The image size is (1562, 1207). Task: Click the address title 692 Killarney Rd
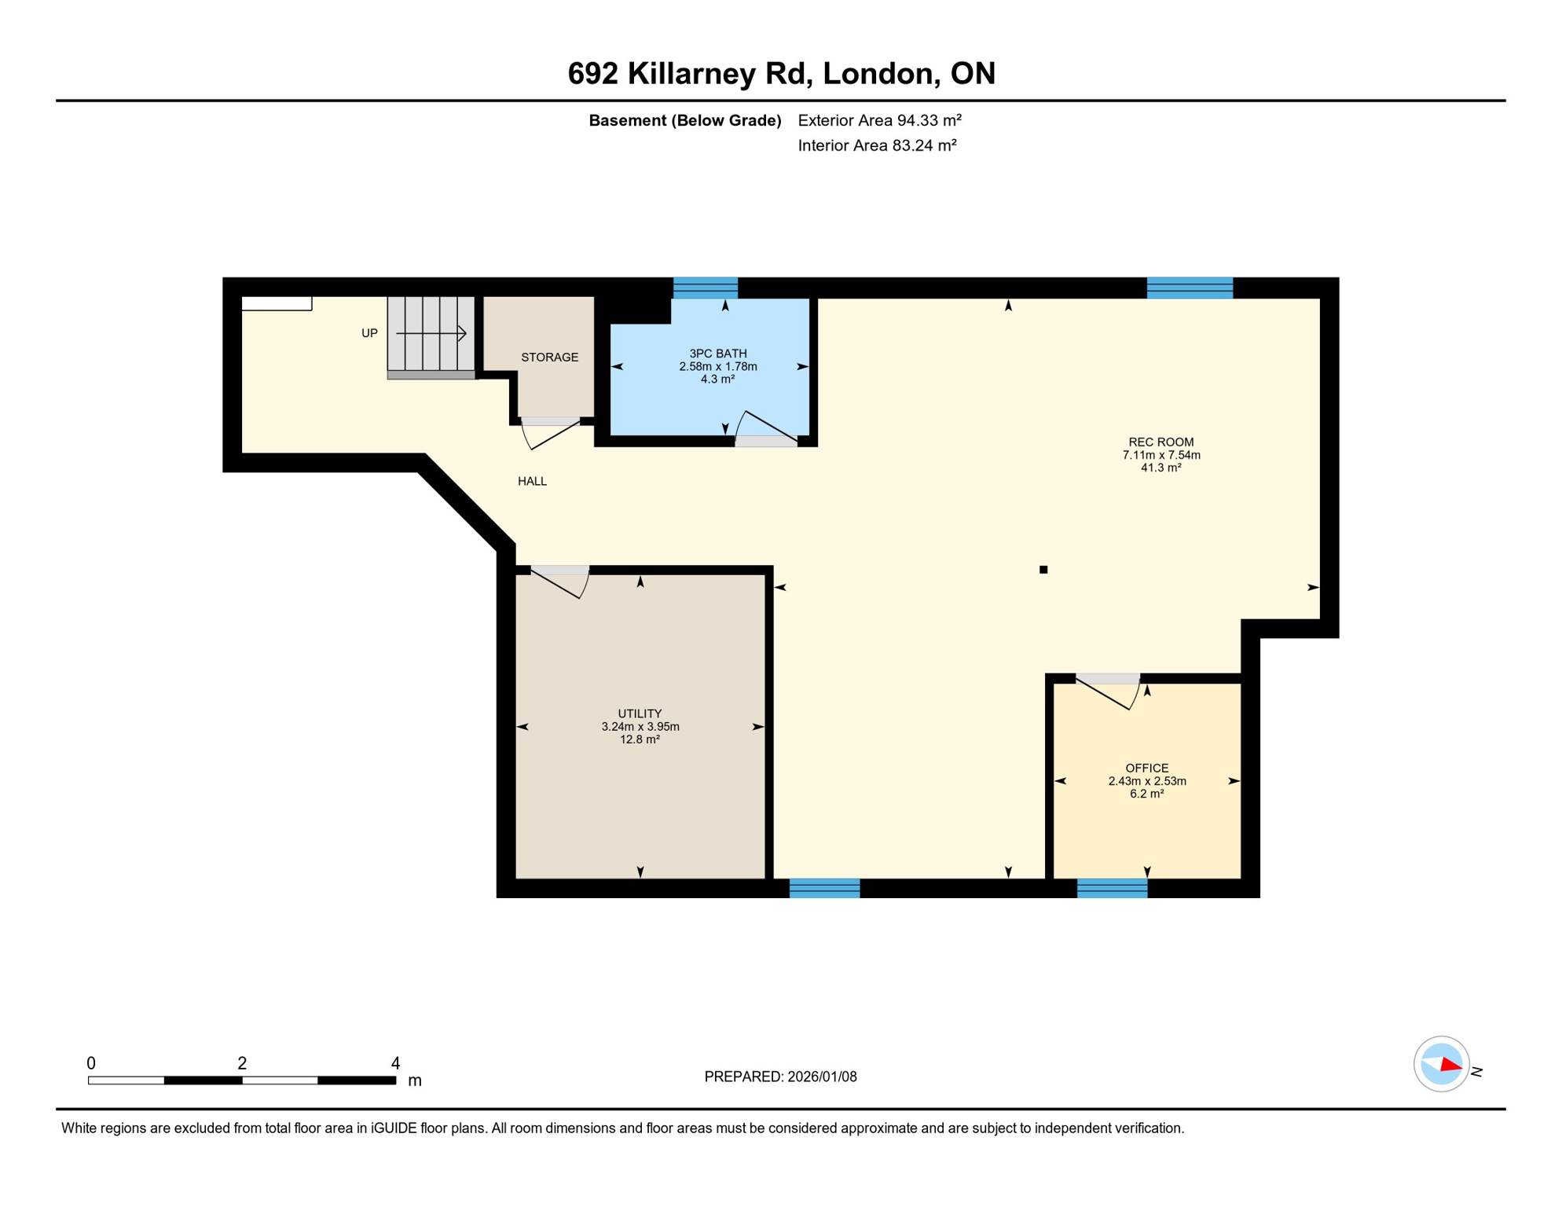pyautogui.click(x=781, y=73)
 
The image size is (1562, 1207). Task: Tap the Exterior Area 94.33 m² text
pyautogui.click(x=879, y=120)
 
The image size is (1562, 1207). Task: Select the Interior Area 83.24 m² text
pyautogui.click(x=877, y=145)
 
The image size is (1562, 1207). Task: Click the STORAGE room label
pyautogui.click(x=549, y=358)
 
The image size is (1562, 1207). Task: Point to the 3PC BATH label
pyautogui.click(x=717, y=354)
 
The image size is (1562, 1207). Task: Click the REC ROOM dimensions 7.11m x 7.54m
pyautogui.click(x=1160, y=455)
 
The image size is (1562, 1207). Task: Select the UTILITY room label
pyautogui.click(x=639, y=714)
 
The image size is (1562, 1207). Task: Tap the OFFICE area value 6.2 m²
pyautogui.click(x=1146, y=794)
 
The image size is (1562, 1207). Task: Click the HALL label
pyautogui.click(x=532, y=481)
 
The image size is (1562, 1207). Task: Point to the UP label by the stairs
pyautogui.click(x=369, y=333)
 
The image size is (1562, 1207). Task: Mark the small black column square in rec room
pyautogui.click(x=1043, y=570)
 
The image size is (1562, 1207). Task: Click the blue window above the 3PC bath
pyautogui.click(x=705, y=288)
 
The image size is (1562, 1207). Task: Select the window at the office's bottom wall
pyautogui.click(x=1112, y=888)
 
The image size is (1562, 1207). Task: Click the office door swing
pyautogui.click(x=1111, y=694)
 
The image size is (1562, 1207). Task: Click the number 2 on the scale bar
pyautogui.click(x=242, y=1063)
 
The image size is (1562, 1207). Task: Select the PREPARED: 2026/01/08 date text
pyautogui.click(x=780, y=1077)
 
